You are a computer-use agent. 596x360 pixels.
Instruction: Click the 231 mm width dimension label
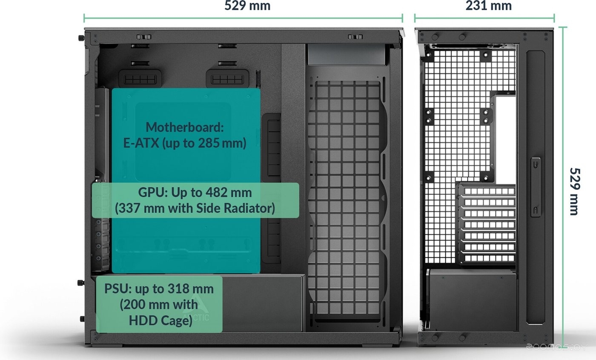pos(488,6)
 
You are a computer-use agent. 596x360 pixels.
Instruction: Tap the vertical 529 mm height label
pos(575,191)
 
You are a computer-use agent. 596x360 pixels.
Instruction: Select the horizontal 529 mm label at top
pos(247,6)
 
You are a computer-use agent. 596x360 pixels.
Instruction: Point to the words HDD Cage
pos(160,320)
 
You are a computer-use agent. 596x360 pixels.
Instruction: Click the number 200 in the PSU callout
pos(135,305)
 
